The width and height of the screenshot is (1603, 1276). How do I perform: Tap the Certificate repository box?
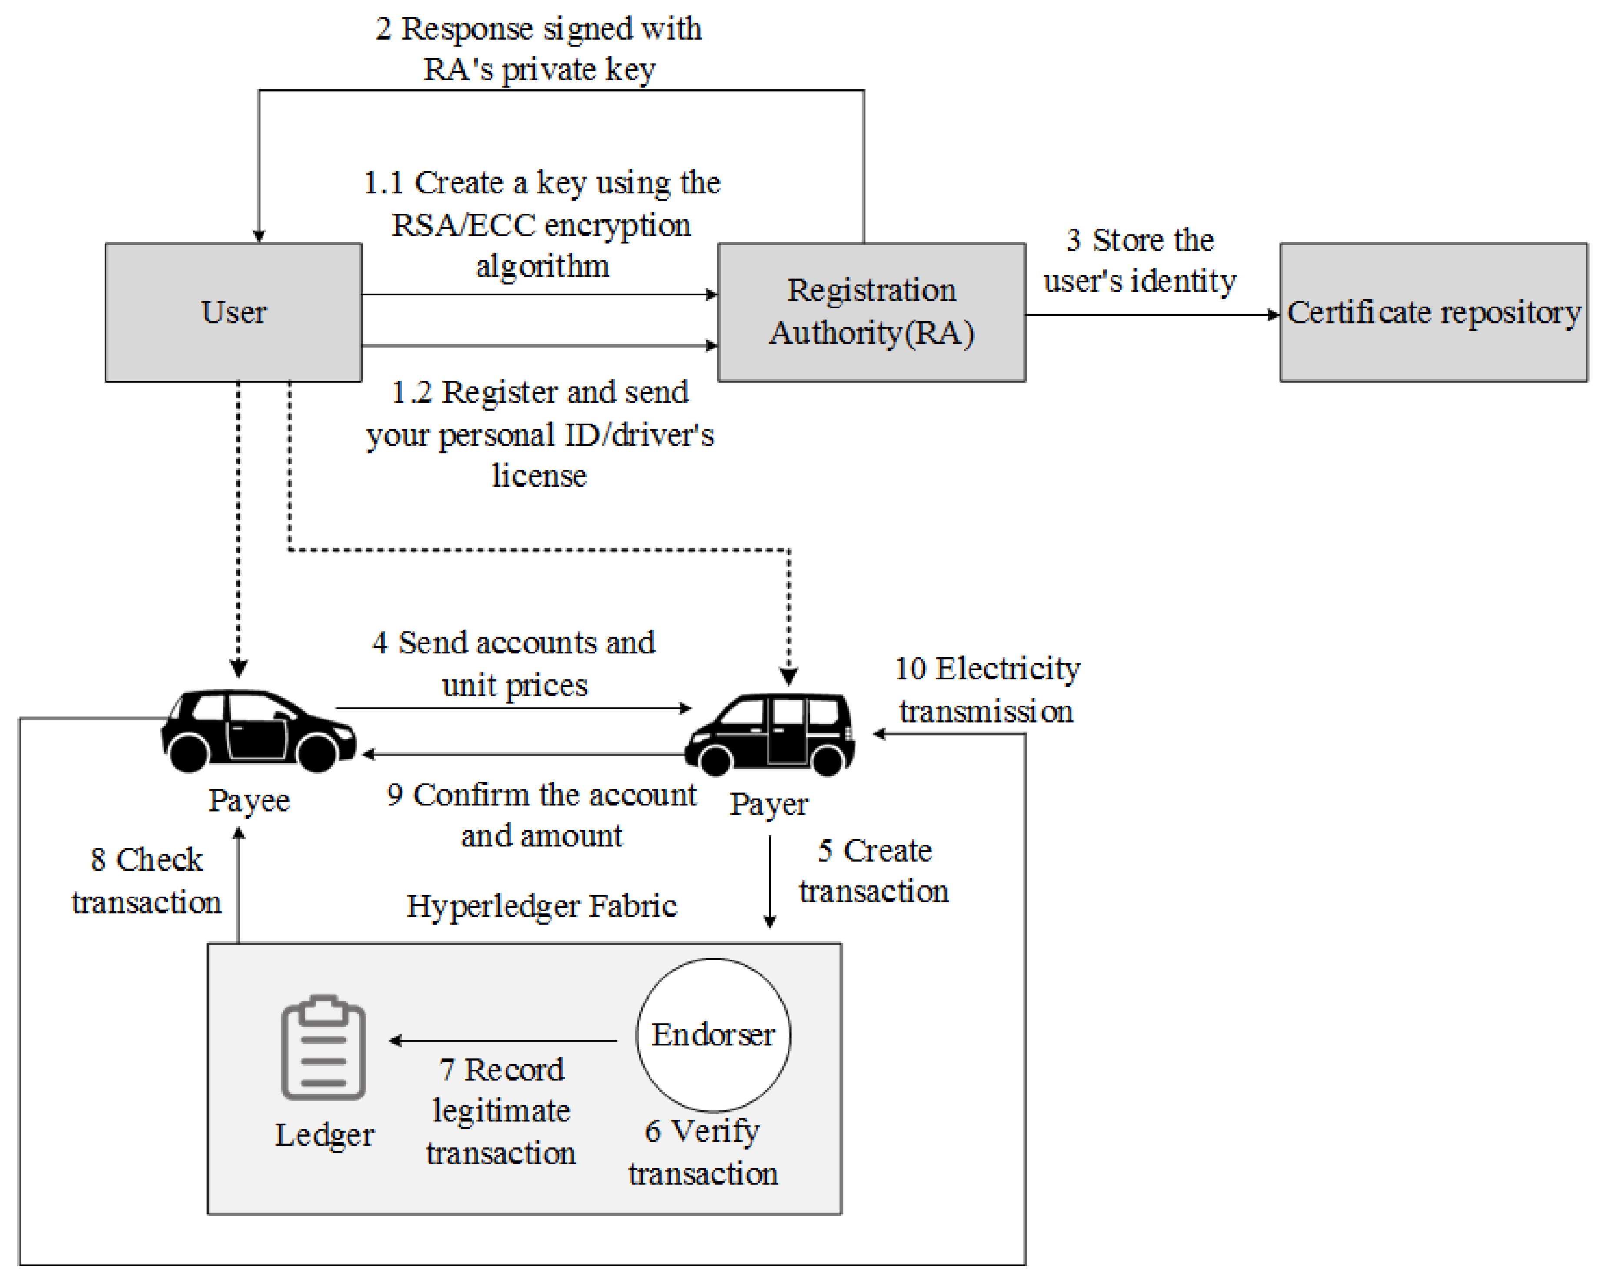(1433, 312)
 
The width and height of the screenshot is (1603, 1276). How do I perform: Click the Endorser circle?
(713, 1034)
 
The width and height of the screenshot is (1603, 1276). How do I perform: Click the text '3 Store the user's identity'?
(1139, 260)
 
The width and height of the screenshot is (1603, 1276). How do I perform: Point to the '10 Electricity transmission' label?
(987, 689)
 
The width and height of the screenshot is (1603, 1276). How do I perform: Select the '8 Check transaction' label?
(146, 881)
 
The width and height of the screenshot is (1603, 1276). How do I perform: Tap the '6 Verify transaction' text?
(702, 1152)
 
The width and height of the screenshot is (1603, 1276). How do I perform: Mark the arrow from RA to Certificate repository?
(1152, 315)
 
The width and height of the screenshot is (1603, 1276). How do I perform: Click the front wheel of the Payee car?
(317, 753)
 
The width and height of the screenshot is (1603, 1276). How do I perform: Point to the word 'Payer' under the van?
(768, 804)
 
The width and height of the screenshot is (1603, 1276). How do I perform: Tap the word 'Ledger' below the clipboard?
(324, 1135)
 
